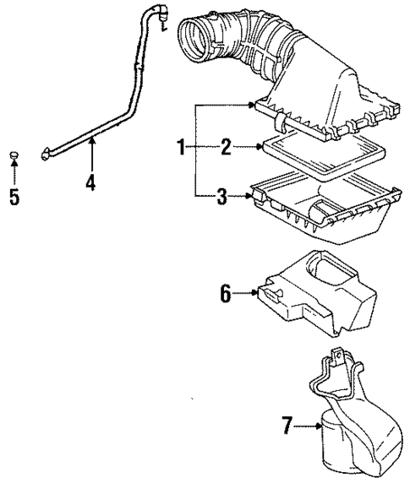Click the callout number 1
point(180,149)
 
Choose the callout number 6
point(225,293)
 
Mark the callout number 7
point(288,428)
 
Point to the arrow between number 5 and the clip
point(14,176)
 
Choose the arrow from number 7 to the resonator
point(308,428)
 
